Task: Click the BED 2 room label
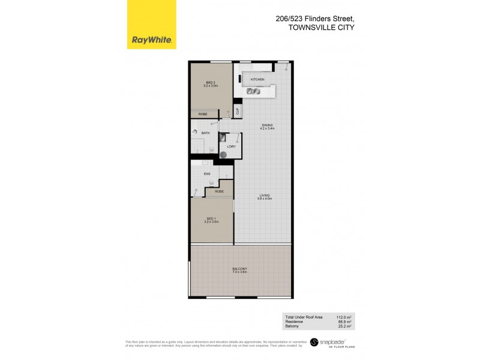(x=210, y=83)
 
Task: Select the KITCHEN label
(x=257, y=79)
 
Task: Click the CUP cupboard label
(x=238, y=110)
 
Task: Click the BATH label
(x=205, y=133)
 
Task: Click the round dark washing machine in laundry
(x=223, y=154)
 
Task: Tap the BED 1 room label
(x=210, y=220)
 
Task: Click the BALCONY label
(x=239, y=269)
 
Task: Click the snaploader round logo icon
(x=313, y=344)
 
